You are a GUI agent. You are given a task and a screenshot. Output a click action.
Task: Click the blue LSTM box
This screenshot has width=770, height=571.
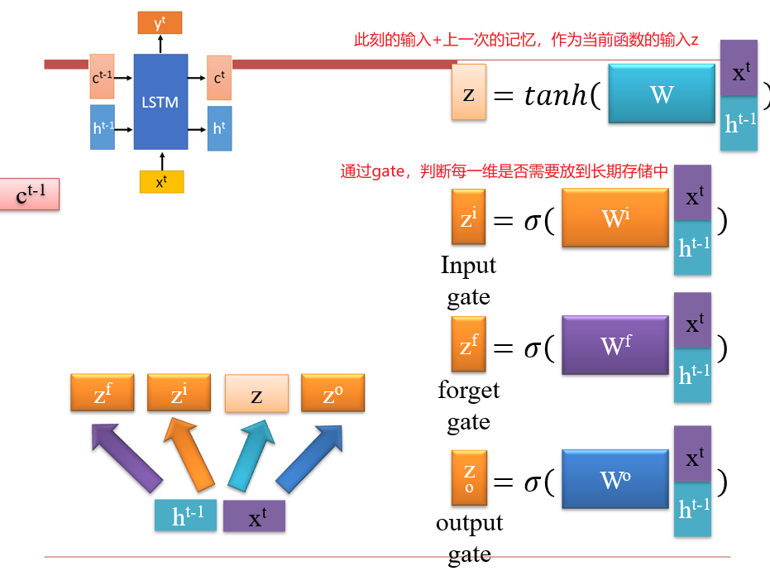tap(160, 102)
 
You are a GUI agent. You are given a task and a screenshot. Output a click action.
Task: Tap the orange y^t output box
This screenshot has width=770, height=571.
tap(160, 23)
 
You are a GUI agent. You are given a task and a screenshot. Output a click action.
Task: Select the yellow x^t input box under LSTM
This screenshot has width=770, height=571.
tap(161, 181)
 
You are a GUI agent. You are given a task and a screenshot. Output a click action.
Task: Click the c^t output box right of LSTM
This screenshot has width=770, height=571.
tap(219, 79)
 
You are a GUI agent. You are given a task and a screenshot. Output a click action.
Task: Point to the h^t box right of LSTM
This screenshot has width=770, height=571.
tap(219, 128)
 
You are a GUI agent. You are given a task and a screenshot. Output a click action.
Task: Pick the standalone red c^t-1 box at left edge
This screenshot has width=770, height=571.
tap(31, 194)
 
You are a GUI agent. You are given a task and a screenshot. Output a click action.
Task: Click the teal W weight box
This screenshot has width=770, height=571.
tap(662, 94)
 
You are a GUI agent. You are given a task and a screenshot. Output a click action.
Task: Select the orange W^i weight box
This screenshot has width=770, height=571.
tap(615, 218)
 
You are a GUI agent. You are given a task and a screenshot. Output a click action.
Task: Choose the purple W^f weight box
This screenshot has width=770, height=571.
tap(615, 345)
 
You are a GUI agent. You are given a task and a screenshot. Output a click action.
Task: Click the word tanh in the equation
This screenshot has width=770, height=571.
tap(558, 97)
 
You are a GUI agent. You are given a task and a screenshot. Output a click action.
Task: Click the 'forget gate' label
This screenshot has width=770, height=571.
tap(468, 405)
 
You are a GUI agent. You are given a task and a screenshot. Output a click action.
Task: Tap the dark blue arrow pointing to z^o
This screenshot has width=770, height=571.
tap(308, 457)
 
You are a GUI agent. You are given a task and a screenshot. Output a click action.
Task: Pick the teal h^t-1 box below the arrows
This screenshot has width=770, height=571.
tap(185, 516)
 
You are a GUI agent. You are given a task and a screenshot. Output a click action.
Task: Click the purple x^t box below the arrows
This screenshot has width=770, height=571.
tap(255, 516)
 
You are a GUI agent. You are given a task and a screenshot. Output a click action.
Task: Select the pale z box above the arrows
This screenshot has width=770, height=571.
tap(256, 394)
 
